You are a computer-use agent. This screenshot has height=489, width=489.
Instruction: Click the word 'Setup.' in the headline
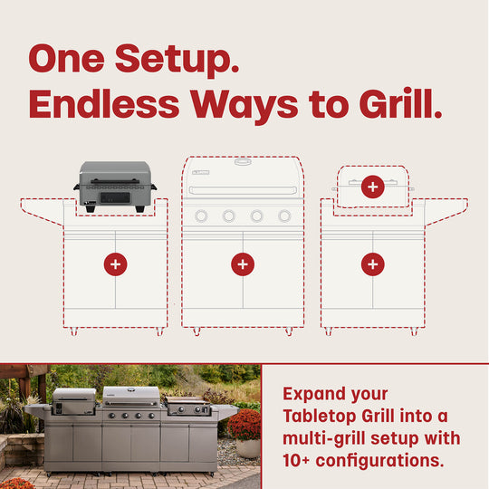click(177, 60)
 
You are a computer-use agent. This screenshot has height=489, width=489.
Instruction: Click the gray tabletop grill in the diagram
click(114, 186)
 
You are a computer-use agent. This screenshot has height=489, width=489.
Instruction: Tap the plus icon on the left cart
click(115, 264)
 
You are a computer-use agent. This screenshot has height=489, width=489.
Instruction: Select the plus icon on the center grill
click(242, 264)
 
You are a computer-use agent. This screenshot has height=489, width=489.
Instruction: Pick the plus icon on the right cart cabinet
click(372, 264)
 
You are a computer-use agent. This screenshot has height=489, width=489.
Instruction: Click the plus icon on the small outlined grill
click(372, 187)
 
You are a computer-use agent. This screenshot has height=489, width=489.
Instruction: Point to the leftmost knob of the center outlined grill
click(201, 216)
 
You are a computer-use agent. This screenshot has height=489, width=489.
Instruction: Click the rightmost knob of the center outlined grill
click(284, 216)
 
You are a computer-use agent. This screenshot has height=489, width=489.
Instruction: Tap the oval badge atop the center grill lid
click(243, 161)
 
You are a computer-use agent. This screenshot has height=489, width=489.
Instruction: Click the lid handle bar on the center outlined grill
click(243, 191)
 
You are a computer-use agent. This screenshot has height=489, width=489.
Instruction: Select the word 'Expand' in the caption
click(313, 394)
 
